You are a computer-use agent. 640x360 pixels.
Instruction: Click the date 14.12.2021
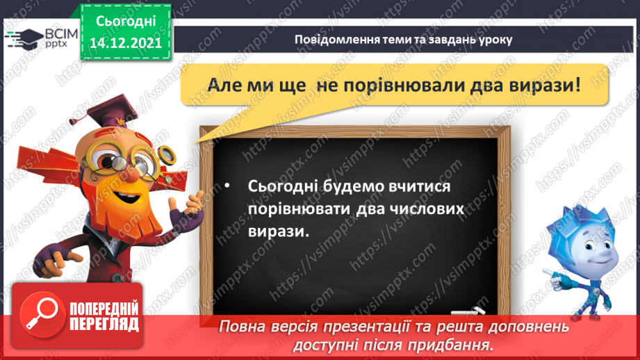pos(126,42)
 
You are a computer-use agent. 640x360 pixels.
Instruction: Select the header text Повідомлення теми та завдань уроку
pos(403,39)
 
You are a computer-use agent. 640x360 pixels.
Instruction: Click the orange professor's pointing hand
pos(192,202)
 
